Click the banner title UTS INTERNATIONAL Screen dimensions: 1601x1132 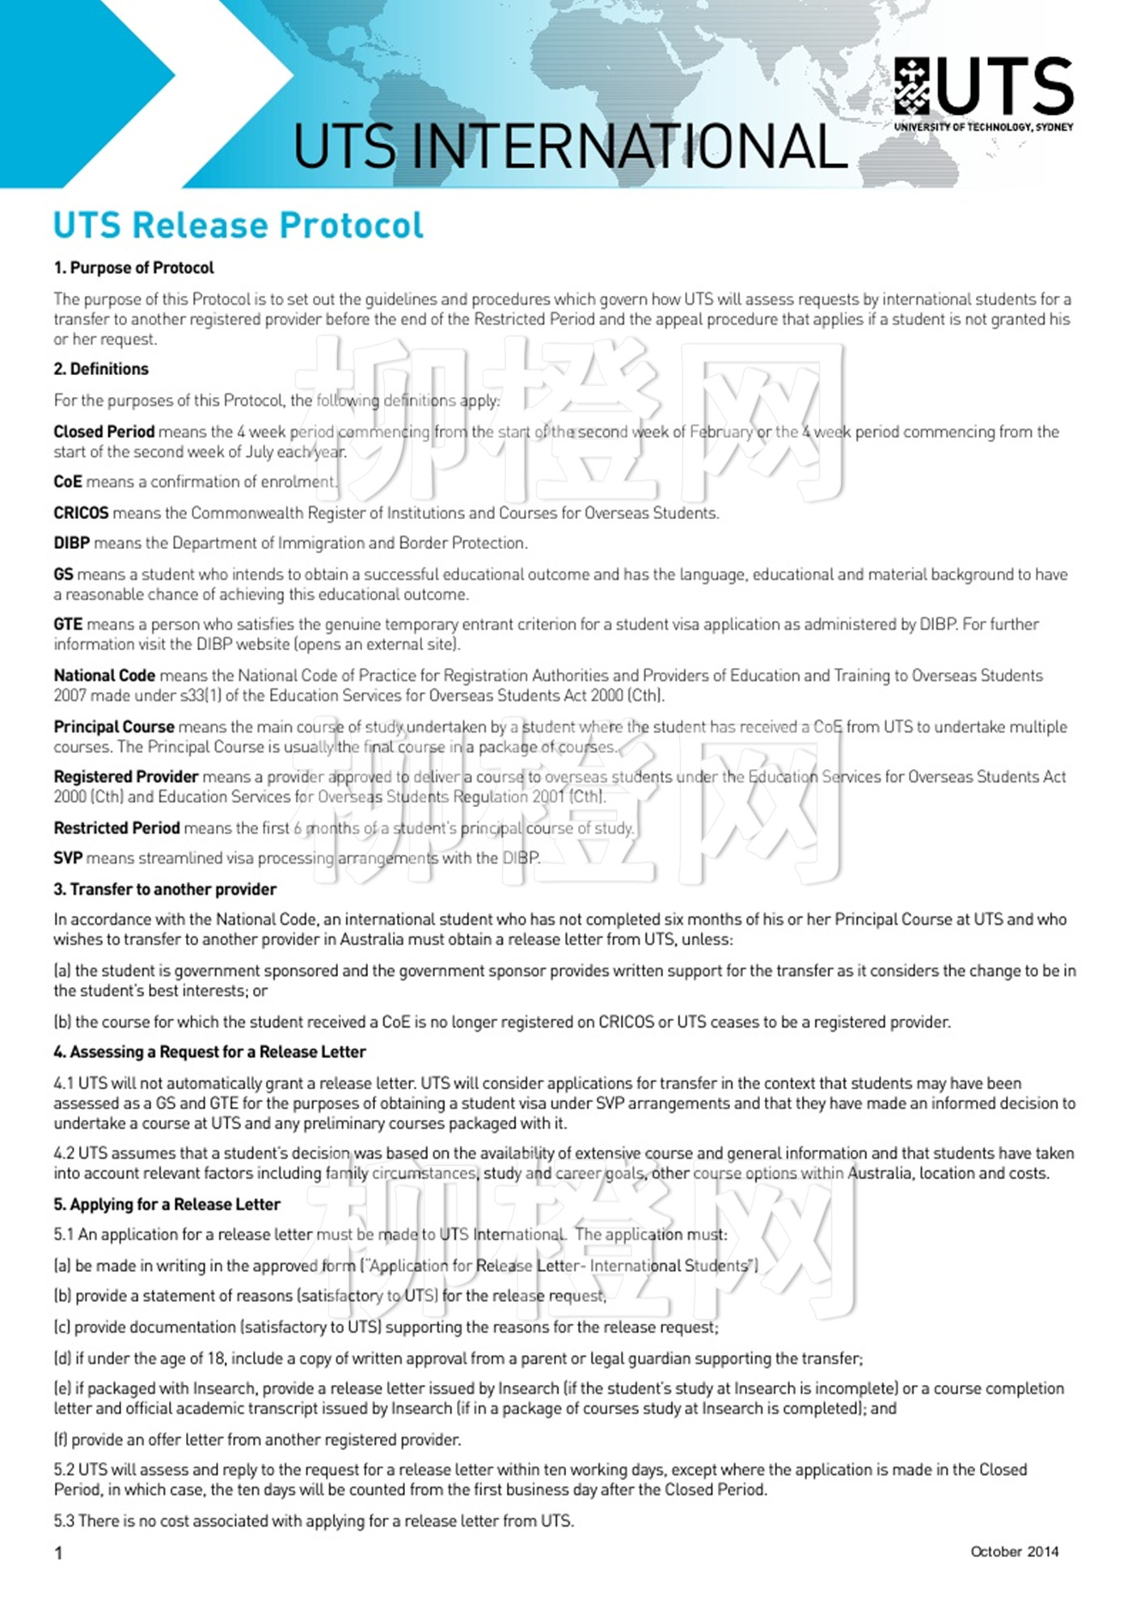point(569,146)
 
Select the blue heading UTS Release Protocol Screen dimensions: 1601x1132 point(238,225)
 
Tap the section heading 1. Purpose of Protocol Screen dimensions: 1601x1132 point(133,268)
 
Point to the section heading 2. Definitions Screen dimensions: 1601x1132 point(101,369)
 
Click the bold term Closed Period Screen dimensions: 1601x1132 point(103,432)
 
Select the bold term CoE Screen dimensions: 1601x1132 point(68,482)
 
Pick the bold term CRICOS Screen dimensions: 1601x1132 point(81,513)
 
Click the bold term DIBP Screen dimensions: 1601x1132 point(71,543)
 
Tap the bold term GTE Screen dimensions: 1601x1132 point(68,624)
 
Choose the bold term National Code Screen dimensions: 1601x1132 point(104,675)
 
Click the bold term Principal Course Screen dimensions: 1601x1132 point(114,726)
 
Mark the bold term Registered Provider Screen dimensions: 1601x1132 point(125,776)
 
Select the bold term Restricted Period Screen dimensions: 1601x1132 point(116,828)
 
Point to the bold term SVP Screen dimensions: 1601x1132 point(68,858)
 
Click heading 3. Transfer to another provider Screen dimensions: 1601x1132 point(165,889)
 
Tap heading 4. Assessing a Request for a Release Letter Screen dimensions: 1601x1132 point(209,1052)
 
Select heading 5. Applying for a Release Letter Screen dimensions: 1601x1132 point(167,1204)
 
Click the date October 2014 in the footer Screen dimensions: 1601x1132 point(1014,1551)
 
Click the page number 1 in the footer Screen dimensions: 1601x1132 point(58,1552)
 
